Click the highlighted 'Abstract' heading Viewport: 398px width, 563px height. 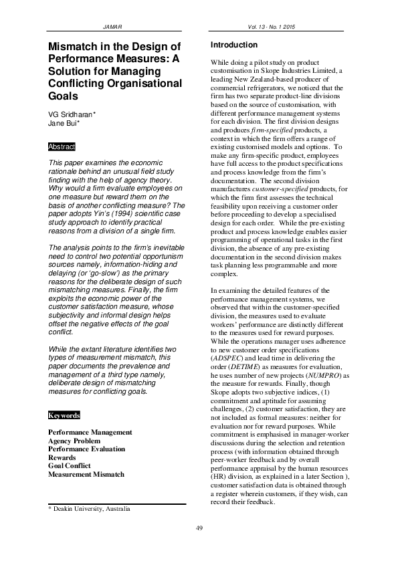tap(62, 146)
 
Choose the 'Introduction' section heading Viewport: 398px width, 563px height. tap(233, 45)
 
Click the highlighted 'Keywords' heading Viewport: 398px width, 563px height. tap(64, 415)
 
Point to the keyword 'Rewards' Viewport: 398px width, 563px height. tap(62, 457)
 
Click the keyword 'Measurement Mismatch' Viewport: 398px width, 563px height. tap(86, 474)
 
